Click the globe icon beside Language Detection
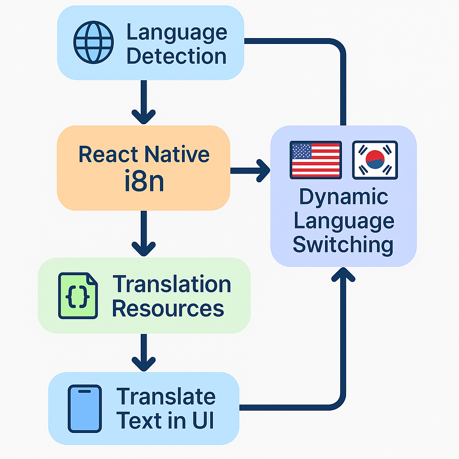(93, 43)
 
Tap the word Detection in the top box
(177, 56)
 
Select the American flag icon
(316, 160)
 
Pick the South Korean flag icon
(375, 160)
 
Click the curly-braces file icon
(78, 296)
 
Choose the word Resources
(168, 308)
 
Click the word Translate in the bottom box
(166, 397)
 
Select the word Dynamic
(343, 197)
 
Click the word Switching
(343, 245)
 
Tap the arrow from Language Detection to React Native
(143, 103)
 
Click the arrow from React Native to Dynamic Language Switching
(251, 170)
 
